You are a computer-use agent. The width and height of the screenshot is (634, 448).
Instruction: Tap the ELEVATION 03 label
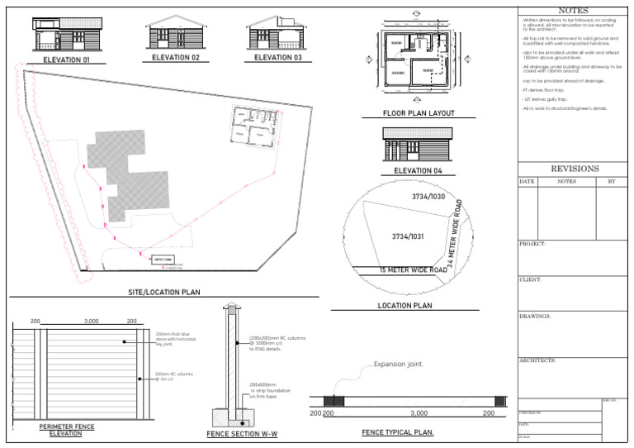pos(278,58)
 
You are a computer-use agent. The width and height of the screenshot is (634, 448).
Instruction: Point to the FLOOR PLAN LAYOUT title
pos(419,113)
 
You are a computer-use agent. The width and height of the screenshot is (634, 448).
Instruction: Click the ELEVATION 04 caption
pos(418,171)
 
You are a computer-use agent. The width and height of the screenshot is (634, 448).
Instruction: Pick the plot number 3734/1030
pos(428,197)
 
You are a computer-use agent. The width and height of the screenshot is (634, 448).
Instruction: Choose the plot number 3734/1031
pos(408,237)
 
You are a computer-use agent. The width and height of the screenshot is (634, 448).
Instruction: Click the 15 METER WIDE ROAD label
pos(413,270)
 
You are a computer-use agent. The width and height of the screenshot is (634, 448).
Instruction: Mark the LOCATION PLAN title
pos(405,306)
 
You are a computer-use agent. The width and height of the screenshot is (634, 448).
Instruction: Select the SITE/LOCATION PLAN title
pos(164,292)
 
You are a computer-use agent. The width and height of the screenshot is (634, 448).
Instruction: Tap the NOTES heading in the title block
pos(573,10)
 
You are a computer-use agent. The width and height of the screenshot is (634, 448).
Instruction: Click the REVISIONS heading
pos(575,169)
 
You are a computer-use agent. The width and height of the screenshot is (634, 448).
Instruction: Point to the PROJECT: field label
pos(532,244)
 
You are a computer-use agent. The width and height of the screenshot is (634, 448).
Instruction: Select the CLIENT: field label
pos(530,280)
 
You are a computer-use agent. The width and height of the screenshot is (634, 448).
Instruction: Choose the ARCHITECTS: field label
pos(537,360)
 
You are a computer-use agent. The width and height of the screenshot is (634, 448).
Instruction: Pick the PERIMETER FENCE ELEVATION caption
pos(67,430)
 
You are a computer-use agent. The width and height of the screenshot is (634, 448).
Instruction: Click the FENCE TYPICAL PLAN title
pos(398,432)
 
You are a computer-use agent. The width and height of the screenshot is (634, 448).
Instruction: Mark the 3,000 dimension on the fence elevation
pos(92,321)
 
